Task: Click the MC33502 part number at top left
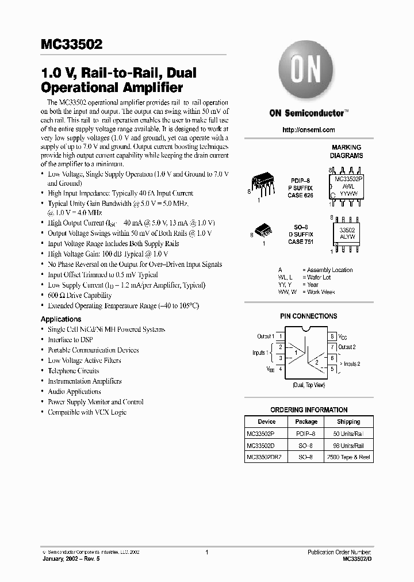72,43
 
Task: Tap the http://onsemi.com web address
308,130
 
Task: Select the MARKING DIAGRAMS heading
346,152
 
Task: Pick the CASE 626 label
300,196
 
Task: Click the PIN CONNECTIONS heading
308,316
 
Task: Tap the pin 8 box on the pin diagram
332,336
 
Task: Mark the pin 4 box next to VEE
280,369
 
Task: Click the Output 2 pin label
347,347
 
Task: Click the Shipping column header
348,422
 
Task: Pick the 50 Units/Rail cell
348,434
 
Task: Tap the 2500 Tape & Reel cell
348,457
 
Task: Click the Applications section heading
61,319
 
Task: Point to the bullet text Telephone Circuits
74,371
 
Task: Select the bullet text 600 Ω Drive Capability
80,295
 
